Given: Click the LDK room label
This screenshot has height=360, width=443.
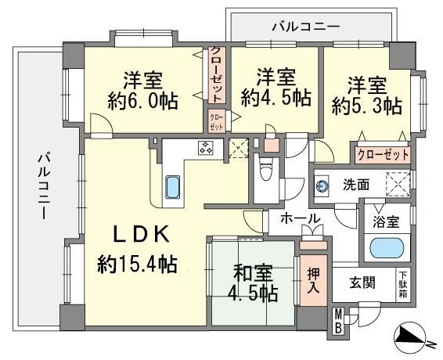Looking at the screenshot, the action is pyautogui.click(x=141, y=234).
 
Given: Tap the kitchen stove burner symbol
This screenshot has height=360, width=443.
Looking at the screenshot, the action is pyautogui.click(x=206, y=147).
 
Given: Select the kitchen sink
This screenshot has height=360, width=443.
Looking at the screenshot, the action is pyautogui.click(x=172, y=187).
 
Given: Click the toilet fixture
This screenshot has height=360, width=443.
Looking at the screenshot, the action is pyautogui.click(x=265, y=169).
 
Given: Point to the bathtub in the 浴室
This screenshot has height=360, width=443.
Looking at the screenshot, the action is pyautogui.click(x=387, y=248).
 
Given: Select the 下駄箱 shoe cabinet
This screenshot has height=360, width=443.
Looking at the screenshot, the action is pyautogui.click(x=403, y=285).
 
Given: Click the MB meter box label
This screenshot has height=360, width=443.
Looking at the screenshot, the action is pyautogui.click(x=338, y=322).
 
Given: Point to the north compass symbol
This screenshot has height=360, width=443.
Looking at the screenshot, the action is pyautogui.click(x=411, y=337).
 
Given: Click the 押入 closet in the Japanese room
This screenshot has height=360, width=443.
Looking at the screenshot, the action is pyautogui.click(x=314, y=280).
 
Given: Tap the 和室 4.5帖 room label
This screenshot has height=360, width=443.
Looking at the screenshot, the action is pyautogui.click(x=253, y=283).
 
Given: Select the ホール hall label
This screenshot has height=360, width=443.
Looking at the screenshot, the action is pyautogui.click(x=301, y=218).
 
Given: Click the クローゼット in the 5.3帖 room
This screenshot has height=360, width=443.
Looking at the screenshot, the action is pyautogui.click(x=383, y=155).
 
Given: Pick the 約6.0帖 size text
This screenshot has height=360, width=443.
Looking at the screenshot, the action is pyautogui.click(x=142, y=102).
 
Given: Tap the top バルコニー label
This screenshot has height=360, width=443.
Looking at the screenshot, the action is pyautogui.click(x=306, y=27).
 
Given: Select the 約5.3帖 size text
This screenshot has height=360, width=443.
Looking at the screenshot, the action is pyautogui.click(x=367, y=106).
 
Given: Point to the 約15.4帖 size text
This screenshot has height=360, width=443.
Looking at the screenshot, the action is pyautogui.click(x=137, y=265).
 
